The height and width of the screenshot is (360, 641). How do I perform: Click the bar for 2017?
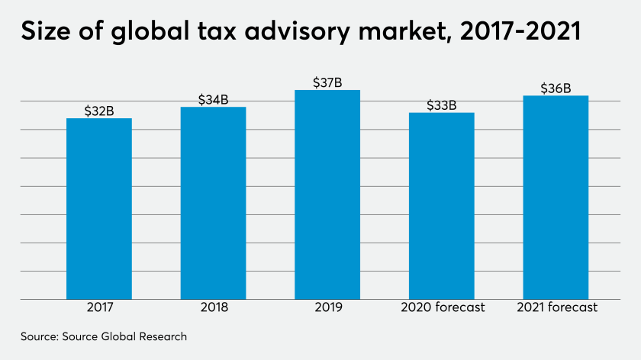point(99,208)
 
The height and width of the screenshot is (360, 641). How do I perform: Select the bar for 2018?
point(213,203)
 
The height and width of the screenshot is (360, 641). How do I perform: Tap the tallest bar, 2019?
point(327,194)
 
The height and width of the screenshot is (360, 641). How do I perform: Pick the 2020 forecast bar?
point(442,206)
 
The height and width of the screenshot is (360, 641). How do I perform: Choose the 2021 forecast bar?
point(556,197)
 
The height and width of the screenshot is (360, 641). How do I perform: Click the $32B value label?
point(99,111)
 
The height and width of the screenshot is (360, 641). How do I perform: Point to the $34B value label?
point(213,100)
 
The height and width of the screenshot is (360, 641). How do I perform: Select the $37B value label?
point(327,82)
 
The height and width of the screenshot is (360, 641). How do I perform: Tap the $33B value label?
point(442,105)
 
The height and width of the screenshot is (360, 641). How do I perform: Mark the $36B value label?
point(556,88)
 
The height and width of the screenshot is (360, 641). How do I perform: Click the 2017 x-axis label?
point(99,308)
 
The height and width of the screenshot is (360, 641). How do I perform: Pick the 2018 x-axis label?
point(213,308)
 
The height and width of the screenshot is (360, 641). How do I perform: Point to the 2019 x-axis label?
point(327,308)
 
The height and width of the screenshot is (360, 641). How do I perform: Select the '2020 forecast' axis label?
point(442,308)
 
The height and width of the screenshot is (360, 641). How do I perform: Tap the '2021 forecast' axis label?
point(556,308)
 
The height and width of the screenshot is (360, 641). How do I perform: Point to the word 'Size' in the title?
point(44,34)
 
